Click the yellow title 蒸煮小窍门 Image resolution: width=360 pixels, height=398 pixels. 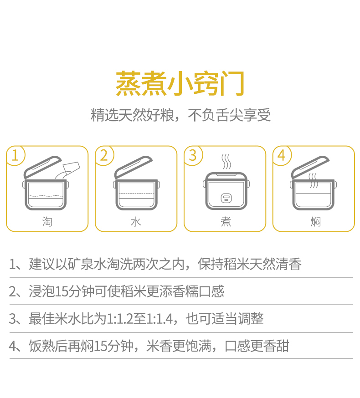(x=180, y=83)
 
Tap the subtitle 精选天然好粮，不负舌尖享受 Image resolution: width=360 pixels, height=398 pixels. (x=180, y=115)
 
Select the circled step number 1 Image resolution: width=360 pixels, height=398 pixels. (x=15, y=155)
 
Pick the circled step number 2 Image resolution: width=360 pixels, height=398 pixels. (x=104, y=155)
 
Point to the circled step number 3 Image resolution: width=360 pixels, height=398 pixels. (x=193, y=155)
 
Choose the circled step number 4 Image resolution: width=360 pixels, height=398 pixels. (x=282, y=155)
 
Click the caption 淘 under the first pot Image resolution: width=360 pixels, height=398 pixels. (x=47, y=222)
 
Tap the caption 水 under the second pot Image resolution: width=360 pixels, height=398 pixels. (x=136, y=222)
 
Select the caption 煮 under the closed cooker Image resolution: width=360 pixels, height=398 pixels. (x=226, y=222)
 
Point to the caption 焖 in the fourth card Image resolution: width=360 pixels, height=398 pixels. (x=315, y=222)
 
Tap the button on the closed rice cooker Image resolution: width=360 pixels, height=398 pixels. (x=226, y=198)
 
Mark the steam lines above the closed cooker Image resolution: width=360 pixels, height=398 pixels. (x=226, y=162)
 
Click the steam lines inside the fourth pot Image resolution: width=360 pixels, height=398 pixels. (x=313, y=180)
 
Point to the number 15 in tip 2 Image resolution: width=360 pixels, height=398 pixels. (x=62, y=291)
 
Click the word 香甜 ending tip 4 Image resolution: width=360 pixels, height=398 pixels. (x=276, y=346)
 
